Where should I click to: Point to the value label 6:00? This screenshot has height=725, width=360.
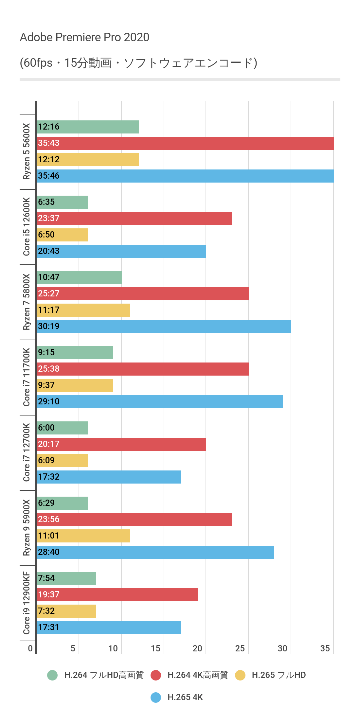[x=46, y=428]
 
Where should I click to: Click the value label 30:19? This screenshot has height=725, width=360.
[x=49, y=326]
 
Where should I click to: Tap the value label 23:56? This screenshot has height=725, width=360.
[x=49, y=519]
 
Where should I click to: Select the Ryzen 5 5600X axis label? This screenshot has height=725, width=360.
[x=27, y=151]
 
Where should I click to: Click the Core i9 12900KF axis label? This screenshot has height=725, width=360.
[x=27, y=603]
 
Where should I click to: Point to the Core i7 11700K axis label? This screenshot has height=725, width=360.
[x=27, y=377]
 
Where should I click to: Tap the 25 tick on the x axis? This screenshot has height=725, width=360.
[x=240, y=648]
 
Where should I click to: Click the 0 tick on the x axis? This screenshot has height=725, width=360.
[x=30, y=648]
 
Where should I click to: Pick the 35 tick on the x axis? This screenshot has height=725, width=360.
[x=325, y=648]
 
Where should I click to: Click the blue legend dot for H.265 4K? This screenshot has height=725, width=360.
[x=156, y=697]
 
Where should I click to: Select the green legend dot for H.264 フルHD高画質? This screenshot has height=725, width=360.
[x=52, y=675]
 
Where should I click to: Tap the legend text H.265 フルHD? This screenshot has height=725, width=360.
[x=279, y=675]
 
